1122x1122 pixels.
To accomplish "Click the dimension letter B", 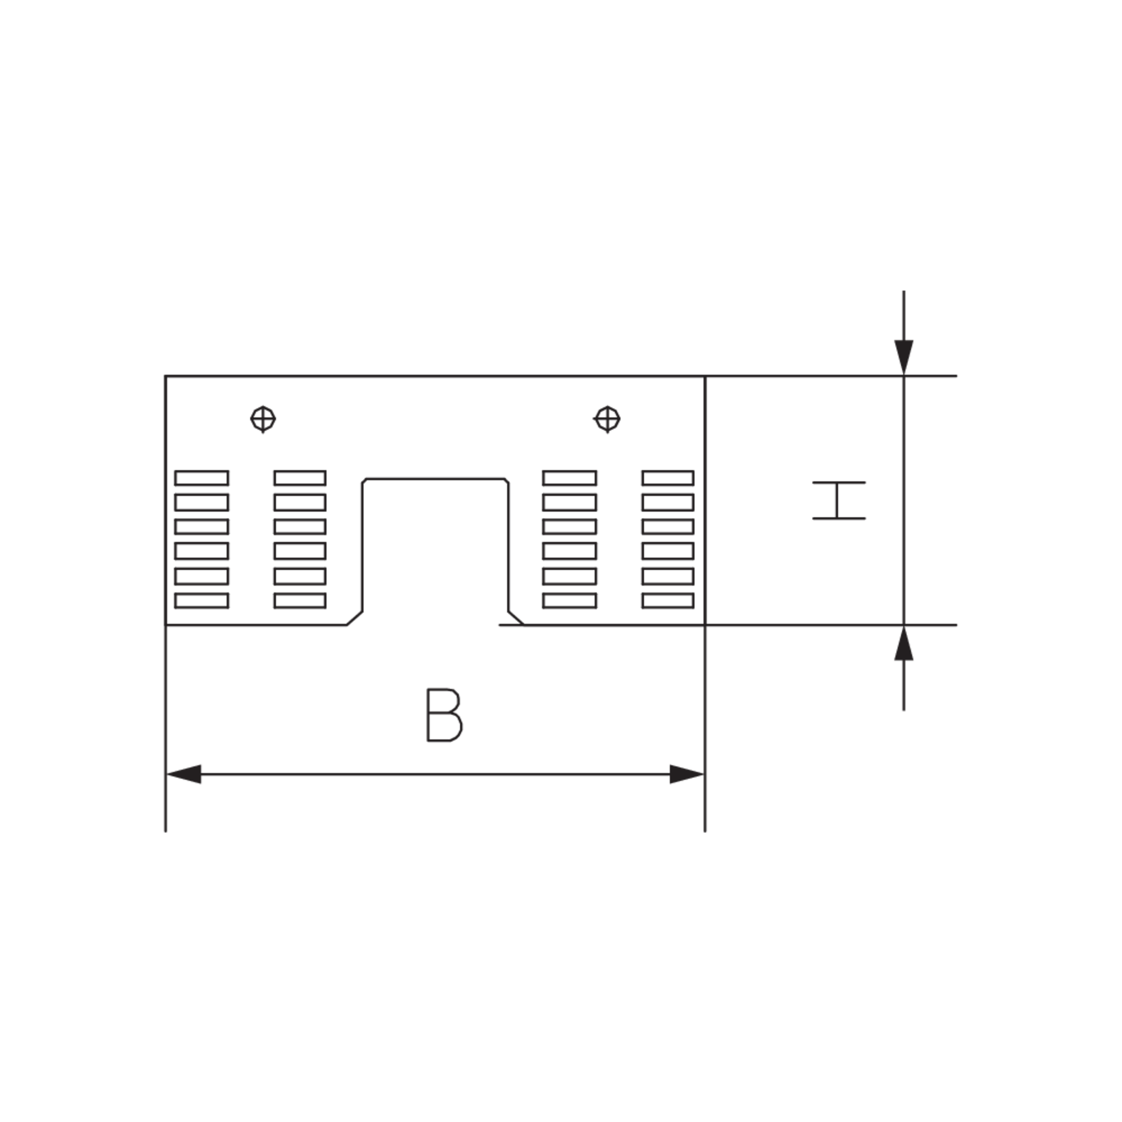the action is (x=444, y=715).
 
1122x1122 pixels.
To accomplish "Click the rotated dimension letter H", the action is (x=838, y=500).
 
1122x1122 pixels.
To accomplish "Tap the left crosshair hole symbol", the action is (x=263, y=419).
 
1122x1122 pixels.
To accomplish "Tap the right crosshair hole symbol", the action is (x=607, y=419).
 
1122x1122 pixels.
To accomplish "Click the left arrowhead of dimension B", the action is (x=183, y=774).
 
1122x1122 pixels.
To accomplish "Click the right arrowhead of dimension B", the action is (x=687, y=774).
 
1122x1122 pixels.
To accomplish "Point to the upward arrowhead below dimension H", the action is (x=904, y=643).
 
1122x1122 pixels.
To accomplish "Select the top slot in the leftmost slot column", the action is (x=202, y=478).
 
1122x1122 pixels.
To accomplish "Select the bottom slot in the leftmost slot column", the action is (x=202, y=600).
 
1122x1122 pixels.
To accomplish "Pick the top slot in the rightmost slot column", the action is (x=668, y=478).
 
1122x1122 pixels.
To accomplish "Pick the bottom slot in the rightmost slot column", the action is (x=668, y=600).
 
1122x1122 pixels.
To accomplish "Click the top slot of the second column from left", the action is (x=300, y=478).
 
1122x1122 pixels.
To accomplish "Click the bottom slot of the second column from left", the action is (x=300, y=600).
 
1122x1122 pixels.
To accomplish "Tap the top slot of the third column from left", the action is (x=570, y=478).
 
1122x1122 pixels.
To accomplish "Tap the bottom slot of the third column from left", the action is (x=570, y=600).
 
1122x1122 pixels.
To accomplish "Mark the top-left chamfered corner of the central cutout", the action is (x=364, y=481).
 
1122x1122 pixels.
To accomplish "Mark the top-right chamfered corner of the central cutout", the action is (x=507, y=481).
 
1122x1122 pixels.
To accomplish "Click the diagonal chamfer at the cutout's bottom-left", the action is (x=355, y=619).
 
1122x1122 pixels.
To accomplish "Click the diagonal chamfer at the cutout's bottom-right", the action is (x=516, y=619).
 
